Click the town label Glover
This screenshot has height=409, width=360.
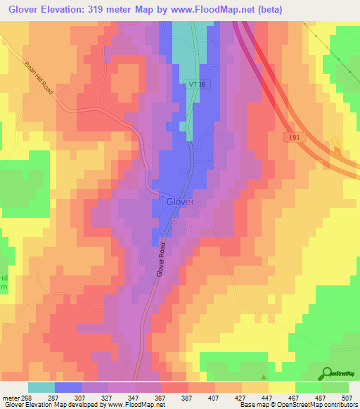tap(180, 202)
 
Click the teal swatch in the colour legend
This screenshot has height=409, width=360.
tap(41, 387)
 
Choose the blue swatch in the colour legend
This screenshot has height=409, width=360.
tap(68, 387)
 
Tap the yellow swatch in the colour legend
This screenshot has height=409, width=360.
tap(281, 387)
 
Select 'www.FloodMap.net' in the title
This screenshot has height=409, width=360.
tap(242, 10)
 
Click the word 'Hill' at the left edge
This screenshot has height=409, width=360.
tap(4, 279)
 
